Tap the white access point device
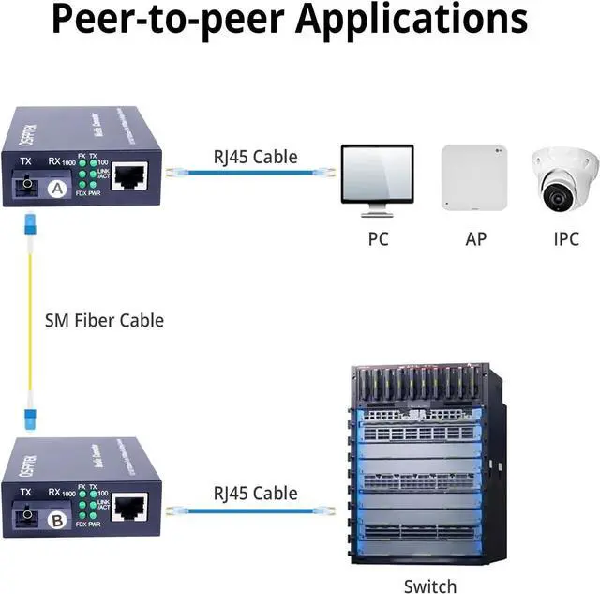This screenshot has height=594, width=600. pyautogui.click(x=475, y=177)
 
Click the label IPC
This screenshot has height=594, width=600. pyautogui.click(x=565, y=238)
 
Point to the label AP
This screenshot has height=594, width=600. pyautogui.click(x=476, y=238)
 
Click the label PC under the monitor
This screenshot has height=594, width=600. pyautogui.click(x=378, y=238)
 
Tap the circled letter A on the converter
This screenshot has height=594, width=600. pyautogui.click(x=57, y=190)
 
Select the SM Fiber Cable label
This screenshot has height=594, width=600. pyautogui.click(x=104, y=320)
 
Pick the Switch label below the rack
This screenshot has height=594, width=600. pyautogui.click(x=430, y=586)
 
